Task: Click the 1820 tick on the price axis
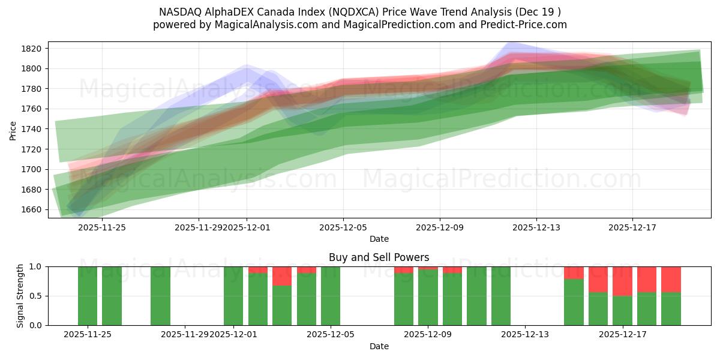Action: pyautogui.click(x=31, y=49)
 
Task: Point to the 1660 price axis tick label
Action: pyautogui.click(x=31, y=209)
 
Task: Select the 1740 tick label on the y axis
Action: pyautogui.click(x=31, y=129)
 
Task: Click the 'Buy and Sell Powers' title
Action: pyautogui.click(x=379, y=257)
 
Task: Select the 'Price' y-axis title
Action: pyautogui.click(x=13, y=130)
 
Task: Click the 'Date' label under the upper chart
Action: pyautogui.click(x=379, y=239)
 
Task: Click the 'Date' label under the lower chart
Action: pyautogui.click(x=379, y=346)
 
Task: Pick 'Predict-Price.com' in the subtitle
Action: pyautogui.click(x=526, y=25)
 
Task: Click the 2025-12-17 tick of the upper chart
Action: pyautogui.click(x=632, y=227)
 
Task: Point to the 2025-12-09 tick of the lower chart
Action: pyautogui.click(x=428, y=335)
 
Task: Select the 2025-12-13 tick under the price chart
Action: pyautogui.click(x=536, y=227)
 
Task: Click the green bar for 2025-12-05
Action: pyautogui.click(x=331, y=296)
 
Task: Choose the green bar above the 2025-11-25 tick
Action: pyautogui.click(x=88, y=296)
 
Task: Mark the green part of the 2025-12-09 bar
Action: pyautogui.click(x=428, y=297)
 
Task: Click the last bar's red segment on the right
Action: pyautogui.click(x=671, y=279)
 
